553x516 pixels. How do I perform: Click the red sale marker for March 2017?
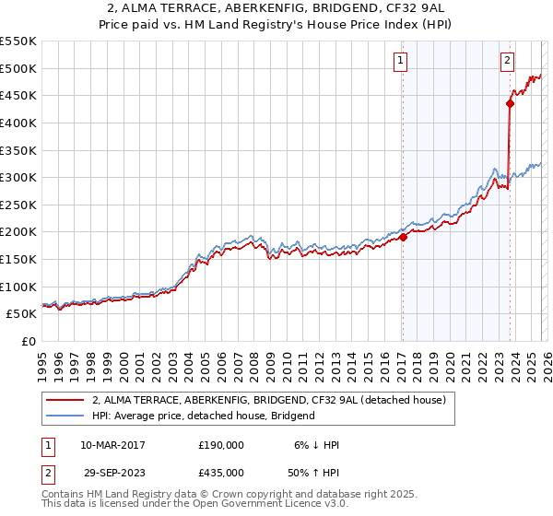pos(403,237)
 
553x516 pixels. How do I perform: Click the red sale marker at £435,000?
pos(510,103)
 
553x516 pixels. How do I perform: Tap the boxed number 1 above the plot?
pos(401,62)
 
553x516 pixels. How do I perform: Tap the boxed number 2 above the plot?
pos(508,62)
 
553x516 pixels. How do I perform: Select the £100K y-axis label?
pos(19,287)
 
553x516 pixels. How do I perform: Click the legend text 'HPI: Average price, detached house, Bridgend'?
pos(204,416)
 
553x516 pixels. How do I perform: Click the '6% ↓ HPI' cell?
pos(316,445)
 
